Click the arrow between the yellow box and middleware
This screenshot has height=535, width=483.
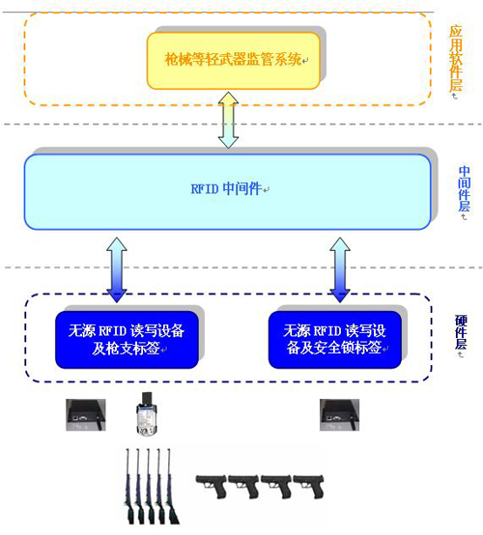coord(227,120)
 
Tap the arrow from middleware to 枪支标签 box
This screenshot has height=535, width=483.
coord(115,269)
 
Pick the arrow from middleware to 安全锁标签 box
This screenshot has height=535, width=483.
coord(339,269)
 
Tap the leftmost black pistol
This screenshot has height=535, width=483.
coord(213,485)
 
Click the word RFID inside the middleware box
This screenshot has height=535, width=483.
coord(205,189)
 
